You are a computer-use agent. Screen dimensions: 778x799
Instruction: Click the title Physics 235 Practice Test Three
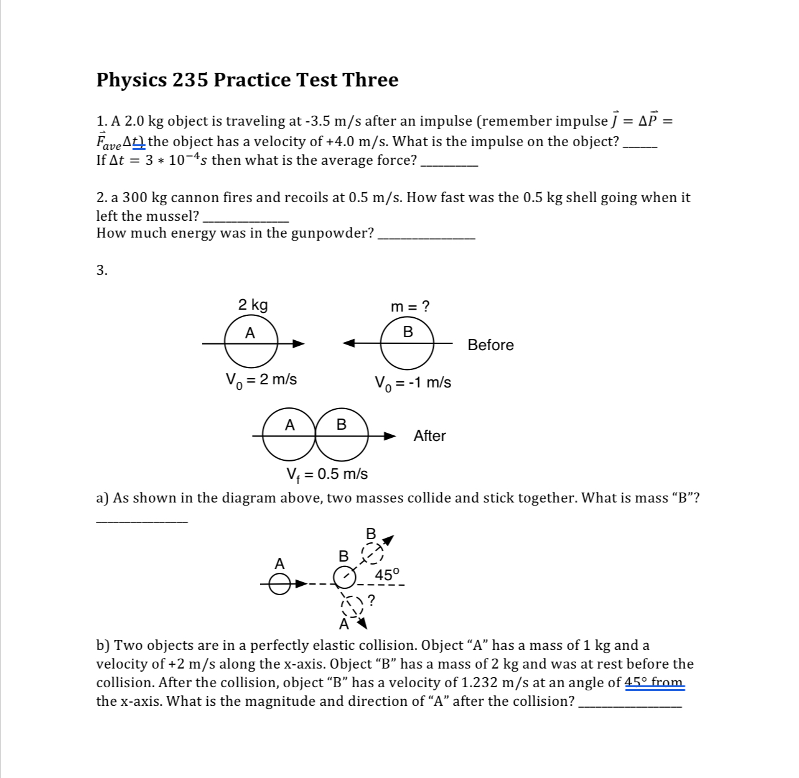coord(247,80)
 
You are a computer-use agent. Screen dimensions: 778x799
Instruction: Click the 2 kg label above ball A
coord(253,305)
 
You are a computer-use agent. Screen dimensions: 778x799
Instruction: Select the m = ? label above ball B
coord(409,306)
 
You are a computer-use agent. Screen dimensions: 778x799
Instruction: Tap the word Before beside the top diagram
coord(490,345)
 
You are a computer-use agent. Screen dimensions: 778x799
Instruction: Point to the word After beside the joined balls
coord(429,436)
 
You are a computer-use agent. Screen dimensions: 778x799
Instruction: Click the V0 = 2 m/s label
coord(261,379)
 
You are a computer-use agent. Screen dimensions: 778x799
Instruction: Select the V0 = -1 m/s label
coord(413,382)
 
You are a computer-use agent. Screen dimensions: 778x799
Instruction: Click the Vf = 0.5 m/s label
coord(326,475)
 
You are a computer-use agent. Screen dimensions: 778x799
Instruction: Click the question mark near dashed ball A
coord(371,600)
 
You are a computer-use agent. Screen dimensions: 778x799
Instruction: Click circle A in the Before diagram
coord(251,343)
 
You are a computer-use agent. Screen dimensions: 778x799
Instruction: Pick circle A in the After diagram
coord(289,435)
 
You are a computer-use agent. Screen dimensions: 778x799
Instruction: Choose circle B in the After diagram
coord(342,435)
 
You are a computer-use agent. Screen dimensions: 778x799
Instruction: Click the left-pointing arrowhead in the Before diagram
coord(348,343)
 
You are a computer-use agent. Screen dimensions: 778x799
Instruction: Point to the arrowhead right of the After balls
coord(390,436)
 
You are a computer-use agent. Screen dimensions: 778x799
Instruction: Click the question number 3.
coord(101,270)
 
